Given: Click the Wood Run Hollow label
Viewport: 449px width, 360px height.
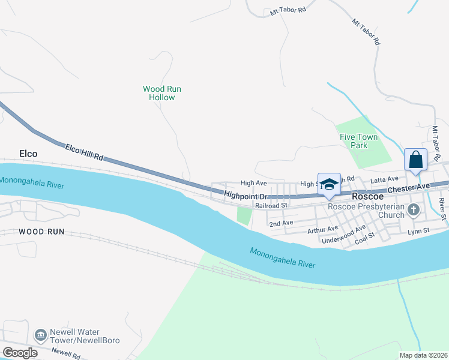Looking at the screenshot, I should coord(162,93).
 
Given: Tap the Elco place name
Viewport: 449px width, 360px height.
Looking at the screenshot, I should coord(28,154).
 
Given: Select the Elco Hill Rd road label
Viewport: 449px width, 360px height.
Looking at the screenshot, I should coord(84,152).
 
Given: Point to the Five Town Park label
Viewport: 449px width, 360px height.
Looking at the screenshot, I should coord(359,141).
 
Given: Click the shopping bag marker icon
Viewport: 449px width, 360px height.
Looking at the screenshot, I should coord(415,160).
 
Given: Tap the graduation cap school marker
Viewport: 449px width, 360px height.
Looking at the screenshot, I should coord(329,184).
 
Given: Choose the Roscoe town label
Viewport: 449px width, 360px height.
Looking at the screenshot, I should coord(368,196).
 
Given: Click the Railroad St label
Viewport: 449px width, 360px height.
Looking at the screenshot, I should coord(272,205).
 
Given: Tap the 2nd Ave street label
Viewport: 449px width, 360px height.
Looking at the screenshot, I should coord(281,223).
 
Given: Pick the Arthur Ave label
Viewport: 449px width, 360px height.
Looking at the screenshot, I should coord(323,229).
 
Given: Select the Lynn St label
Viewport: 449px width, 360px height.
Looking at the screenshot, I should coord(418,230).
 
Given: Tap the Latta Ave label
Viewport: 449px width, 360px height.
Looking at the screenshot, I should coord(384,179).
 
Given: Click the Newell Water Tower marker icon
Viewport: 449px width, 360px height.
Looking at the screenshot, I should coord(40,334).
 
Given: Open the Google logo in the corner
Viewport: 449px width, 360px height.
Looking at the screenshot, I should coord(20,352).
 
